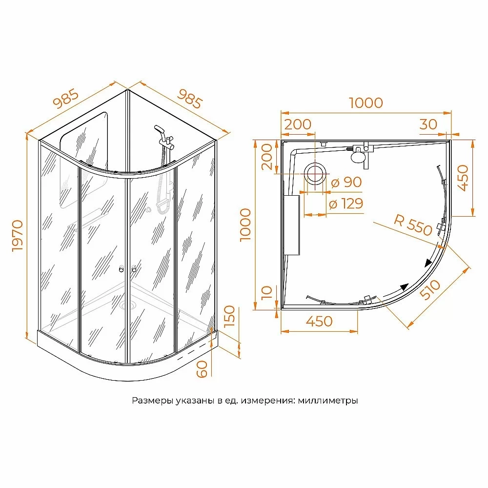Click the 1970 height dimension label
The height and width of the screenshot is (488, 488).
click(x=18, y=236)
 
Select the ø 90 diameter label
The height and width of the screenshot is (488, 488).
click(x=346, y=183)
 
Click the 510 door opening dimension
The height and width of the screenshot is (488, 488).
click(x=430, y=289)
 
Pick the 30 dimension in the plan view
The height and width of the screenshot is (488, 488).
click(x=428, y=124)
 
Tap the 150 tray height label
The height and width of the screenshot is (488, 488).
click(x=229, y=316)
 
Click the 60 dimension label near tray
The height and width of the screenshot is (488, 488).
click(x=202, y=369)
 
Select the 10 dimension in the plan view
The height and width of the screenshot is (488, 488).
click(x=267, y=293)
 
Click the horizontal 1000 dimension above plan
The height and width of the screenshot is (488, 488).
click(x=366, y=103)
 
